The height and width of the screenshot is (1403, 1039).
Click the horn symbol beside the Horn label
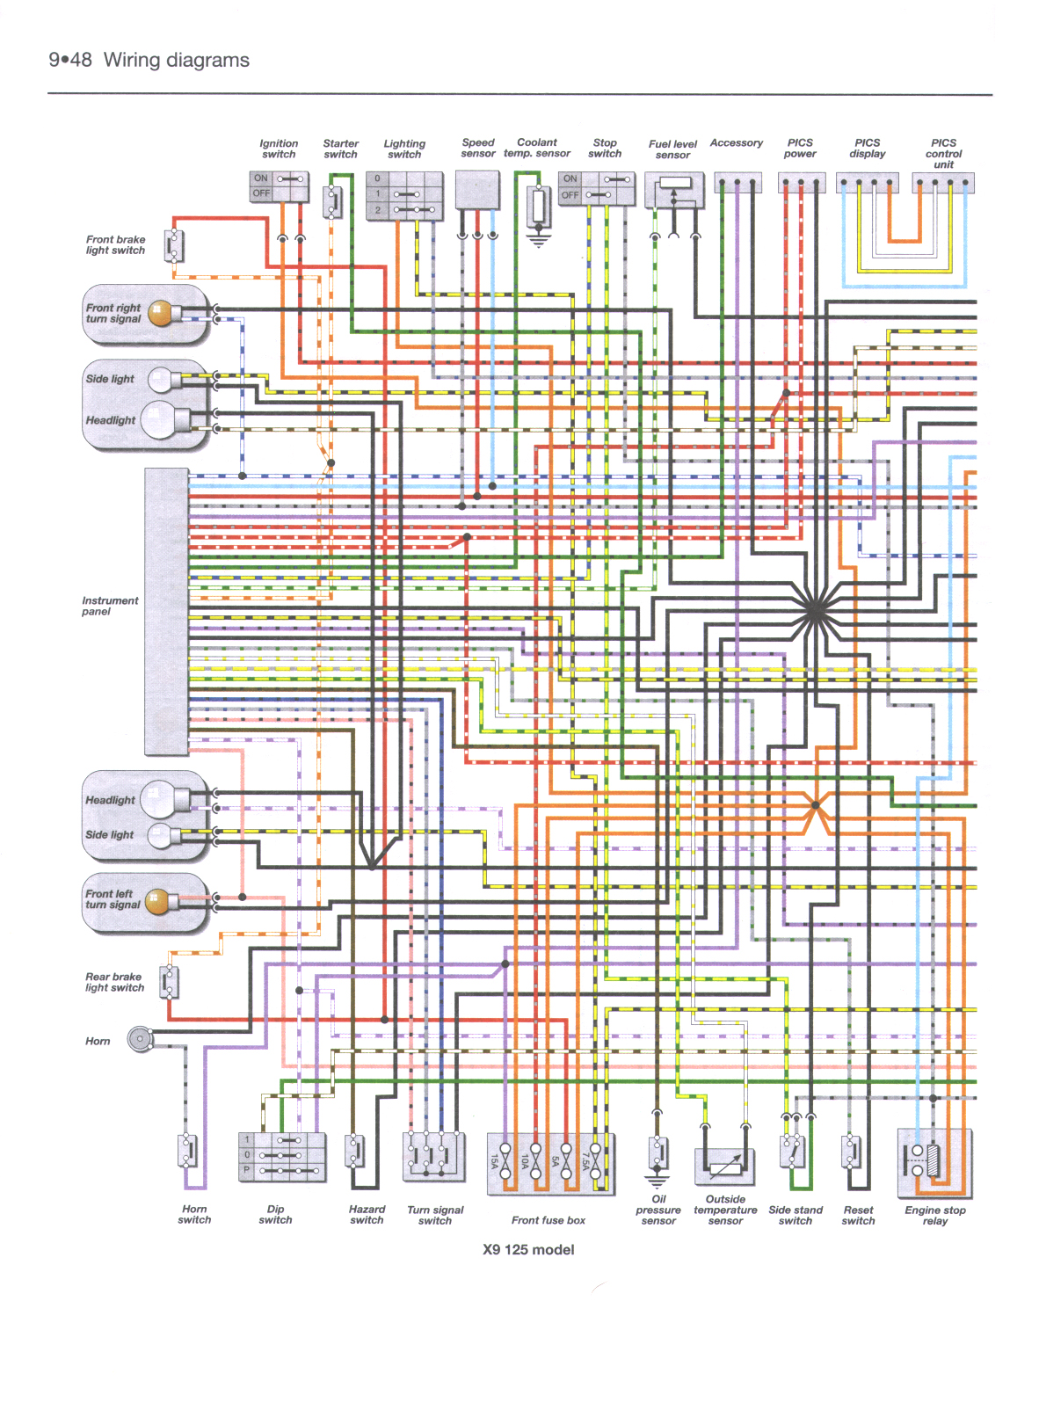tap(140, 1039)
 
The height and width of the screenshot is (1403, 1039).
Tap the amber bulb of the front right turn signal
tap(161, 314)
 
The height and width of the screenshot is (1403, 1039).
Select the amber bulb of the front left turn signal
tap(156, 902)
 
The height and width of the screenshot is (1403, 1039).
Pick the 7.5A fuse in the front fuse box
tap(595, 1161)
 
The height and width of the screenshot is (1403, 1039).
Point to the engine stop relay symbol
tap(934, 1162)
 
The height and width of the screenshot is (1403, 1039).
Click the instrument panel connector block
tap(166, 611)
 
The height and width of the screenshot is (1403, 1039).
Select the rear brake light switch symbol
tap(170, 982)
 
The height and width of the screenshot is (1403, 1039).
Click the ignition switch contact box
tap(280, 186)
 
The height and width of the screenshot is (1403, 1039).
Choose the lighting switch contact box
tap(403, 195)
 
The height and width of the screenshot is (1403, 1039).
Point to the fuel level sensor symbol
tap(674, 191)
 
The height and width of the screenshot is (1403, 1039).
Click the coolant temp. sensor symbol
tap(538, 207)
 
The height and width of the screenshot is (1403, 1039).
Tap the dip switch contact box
tap(281, 1156)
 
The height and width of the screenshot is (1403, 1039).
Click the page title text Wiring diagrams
tap(176, 60)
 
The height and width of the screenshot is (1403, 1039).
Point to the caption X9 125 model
tap(528, 1249)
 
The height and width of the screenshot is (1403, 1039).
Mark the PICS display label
tap(867, 148)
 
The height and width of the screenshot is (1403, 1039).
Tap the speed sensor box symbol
tap(477, 190)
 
